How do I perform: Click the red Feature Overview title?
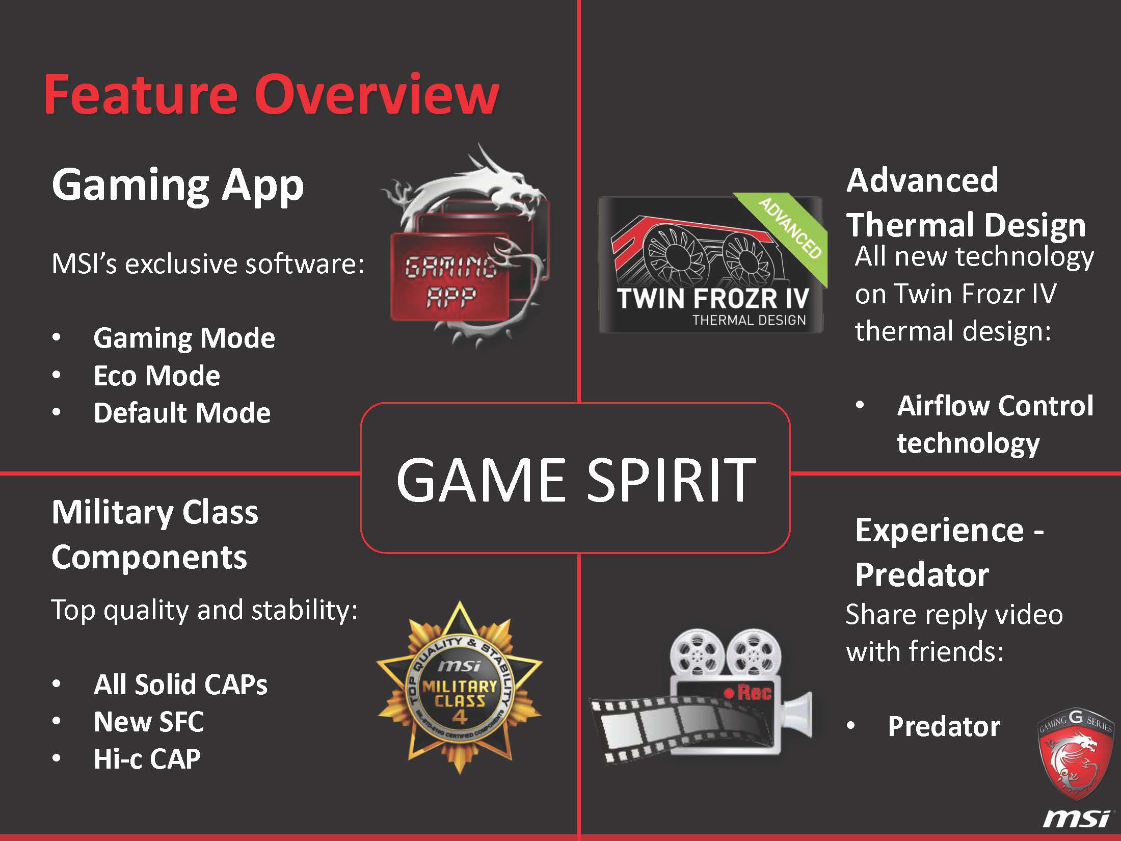pos(271,94)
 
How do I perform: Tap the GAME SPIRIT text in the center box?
pos(576,479)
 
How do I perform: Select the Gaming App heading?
pos(178,186)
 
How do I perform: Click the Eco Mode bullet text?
pos(157,376)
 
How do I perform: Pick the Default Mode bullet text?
pos(182,412)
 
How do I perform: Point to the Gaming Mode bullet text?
pos(184,338)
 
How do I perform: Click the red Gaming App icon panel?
pos(451,277)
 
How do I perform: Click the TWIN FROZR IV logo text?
pos(713,299)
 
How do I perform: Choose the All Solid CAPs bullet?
pos(180,684)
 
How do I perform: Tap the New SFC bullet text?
pos(149,721)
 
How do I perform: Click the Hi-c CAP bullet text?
pos(147,758)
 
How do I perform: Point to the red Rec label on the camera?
pos(748,692)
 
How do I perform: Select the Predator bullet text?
pos(944,726)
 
